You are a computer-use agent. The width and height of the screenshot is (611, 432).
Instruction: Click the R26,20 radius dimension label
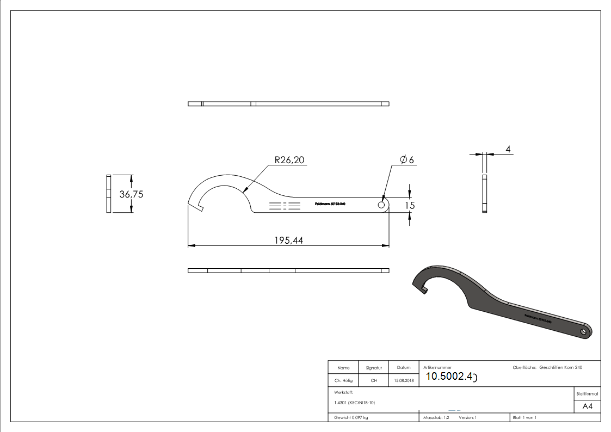(289, 160)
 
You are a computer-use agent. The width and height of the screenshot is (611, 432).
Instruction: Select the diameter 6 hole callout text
(407, 160)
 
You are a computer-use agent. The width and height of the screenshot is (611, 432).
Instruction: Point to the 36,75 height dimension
(131, 194)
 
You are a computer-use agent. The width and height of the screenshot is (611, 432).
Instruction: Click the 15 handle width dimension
(410, 205)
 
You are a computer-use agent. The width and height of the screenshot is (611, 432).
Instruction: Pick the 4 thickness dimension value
(508, 149)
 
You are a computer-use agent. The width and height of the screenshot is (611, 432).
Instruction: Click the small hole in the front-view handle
(381, 205)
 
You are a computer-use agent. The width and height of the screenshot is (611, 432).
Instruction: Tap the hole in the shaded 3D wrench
(583, 331)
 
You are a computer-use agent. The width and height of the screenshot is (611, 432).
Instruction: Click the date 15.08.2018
(403, 381)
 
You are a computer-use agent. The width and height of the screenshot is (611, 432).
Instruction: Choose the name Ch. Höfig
(343, 381)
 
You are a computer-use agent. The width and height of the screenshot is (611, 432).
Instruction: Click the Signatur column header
(374, 368)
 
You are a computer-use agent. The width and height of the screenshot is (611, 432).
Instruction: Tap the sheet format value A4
(588, 406)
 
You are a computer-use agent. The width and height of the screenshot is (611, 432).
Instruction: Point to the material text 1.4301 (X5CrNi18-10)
(355, 403)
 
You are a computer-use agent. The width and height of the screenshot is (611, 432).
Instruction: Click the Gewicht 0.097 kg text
(351, 418)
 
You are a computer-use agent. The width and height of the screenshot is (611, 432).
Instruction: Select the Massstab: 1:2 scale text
(436, 418)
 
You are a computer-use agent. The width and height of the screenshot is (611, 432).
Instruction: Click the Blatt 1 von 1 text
(524, 418)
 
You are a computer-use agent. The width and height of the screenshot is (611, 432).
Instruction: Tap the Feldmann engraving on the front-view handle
(330, 205)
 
